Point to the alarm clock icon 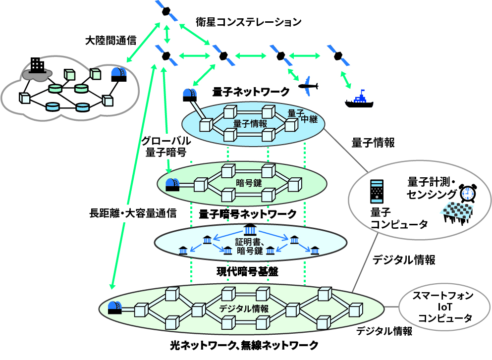coord(467,193)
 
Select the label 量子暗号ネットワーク coord(247,213)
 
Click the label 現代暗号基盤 coord(247,271)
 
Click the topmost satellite coord(167,11)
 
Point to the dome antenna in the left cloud coord(118,74)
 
